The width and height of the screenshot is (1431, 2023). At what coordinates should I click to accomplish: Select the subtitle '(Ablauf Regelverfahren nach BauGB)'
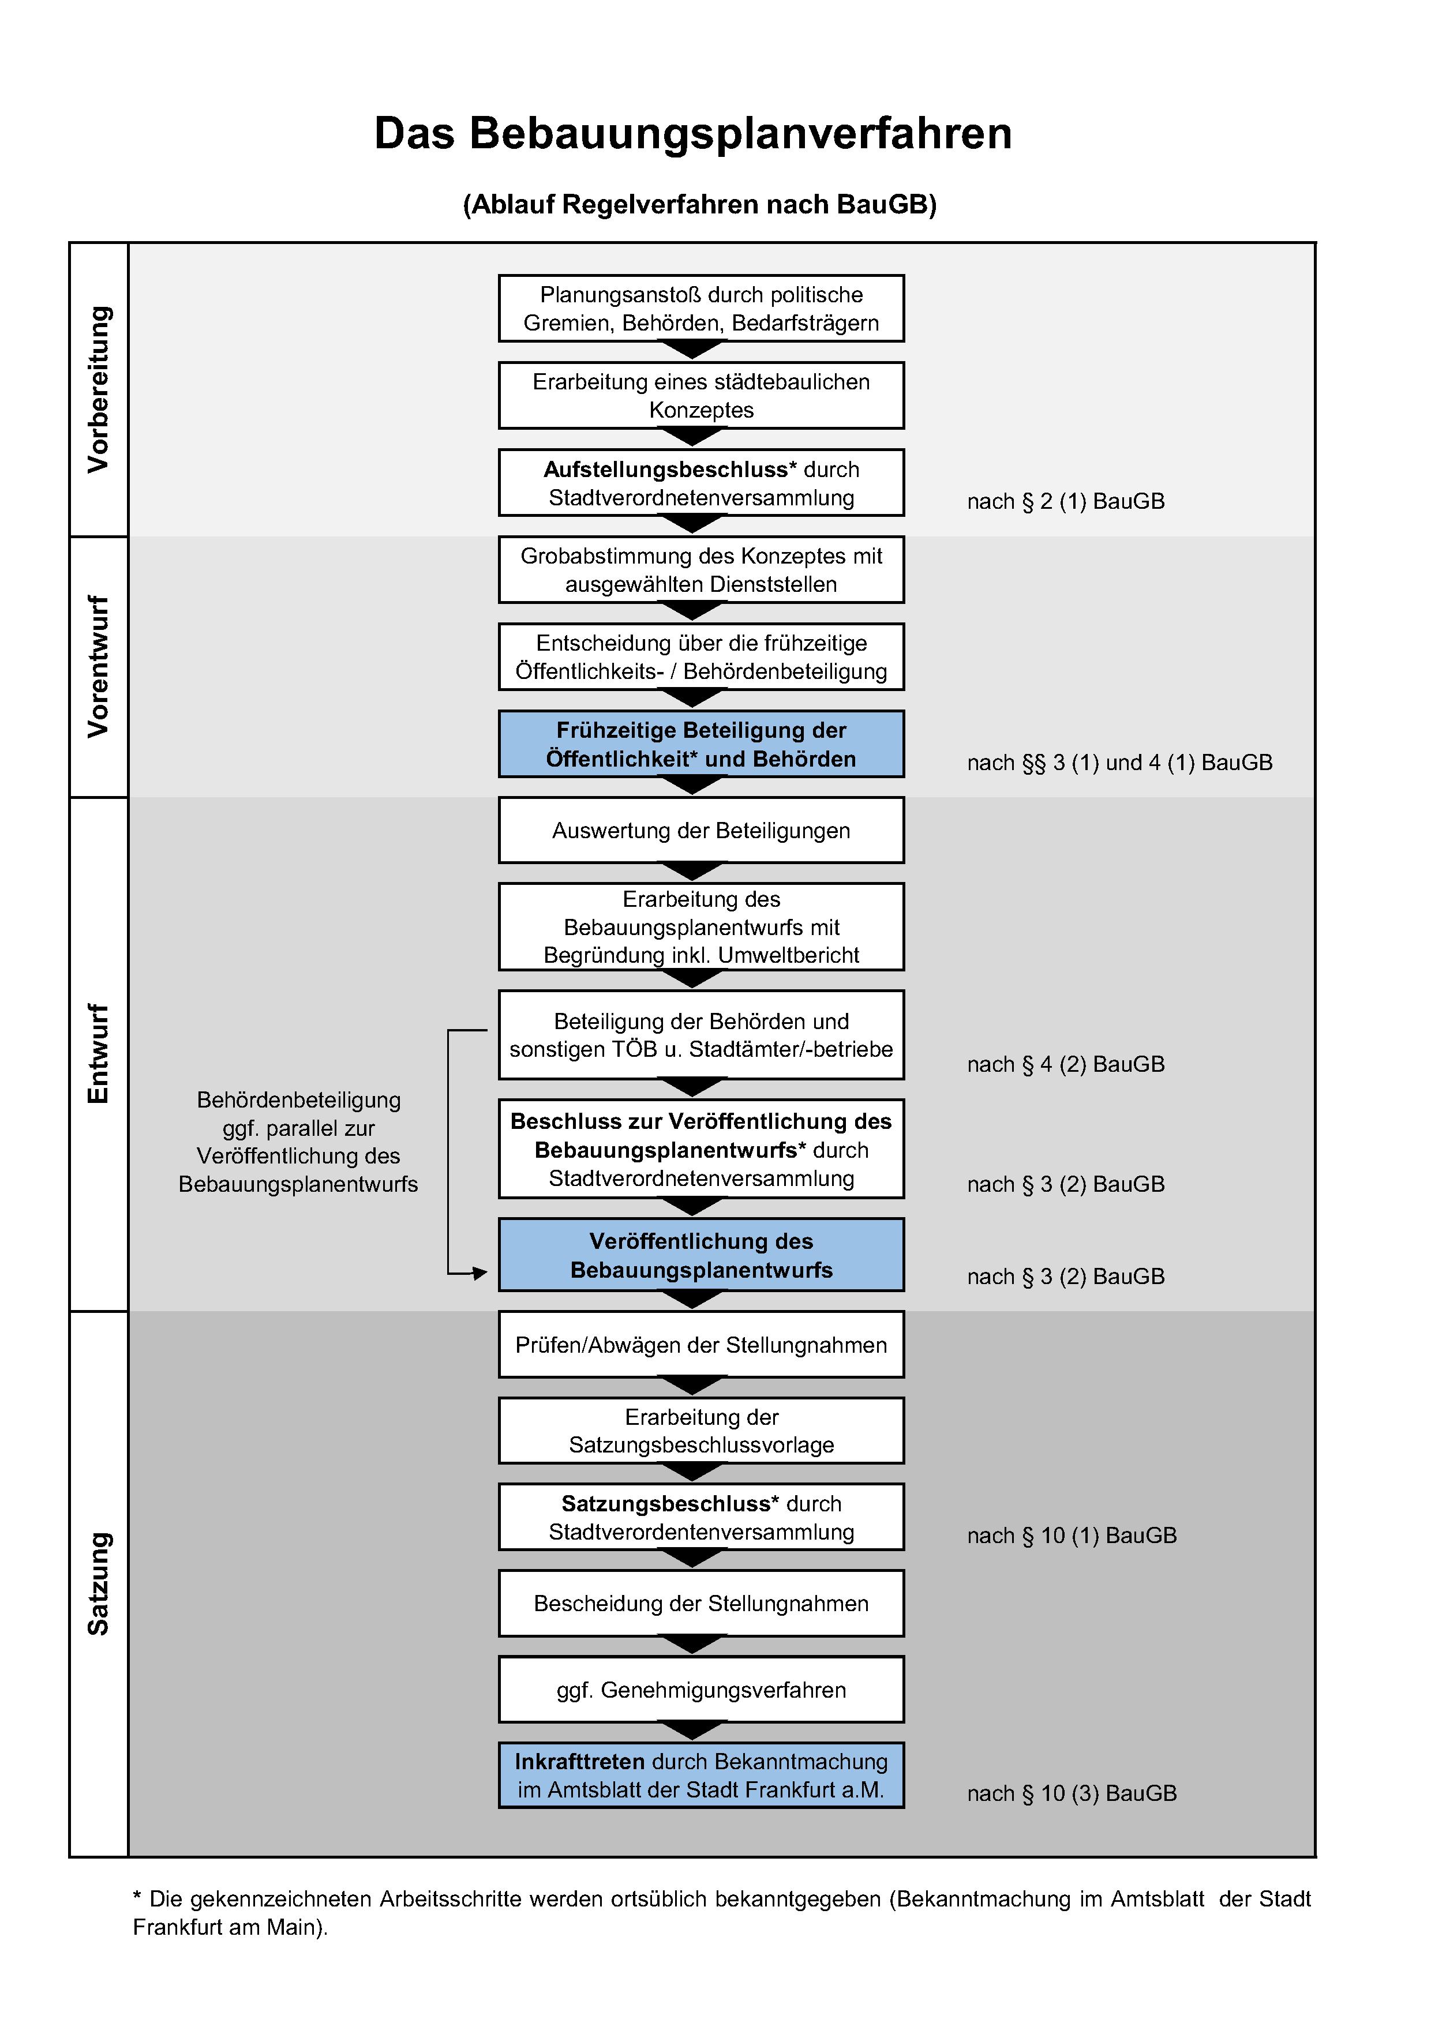click(x=700, y=204)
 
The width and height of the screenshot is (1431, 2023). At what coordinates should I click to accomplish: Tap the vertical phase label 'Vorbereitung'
click(x=99, y=389)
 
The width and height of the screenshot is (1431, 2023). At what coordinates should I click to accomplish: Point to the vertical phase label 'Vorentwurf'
click(x=99, y=666)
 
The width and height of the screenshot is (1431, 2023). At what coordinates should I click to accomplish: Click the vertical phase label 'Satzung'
click(x=99, y=1583)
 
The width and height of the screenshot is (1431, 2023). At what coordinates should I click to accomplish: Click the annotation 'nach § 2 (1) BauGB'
click(x=1065, y=501)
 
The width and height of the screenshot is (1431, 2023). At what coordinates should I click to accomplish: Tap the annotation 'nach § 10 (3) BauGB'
click(x=1072, y=1793)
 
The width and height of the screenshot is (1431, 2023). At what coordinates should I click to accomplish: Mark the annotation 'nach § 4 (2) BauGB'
click(x=1065, y=1064)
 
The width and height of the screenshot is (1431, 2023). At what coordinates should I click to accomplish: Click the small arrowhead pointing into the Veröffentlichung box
click(x=480, y=1273)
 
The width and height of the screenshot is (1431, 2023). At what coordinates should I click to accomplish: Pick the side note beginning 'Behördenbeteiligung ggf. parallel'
click(x=298, y=1142)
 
